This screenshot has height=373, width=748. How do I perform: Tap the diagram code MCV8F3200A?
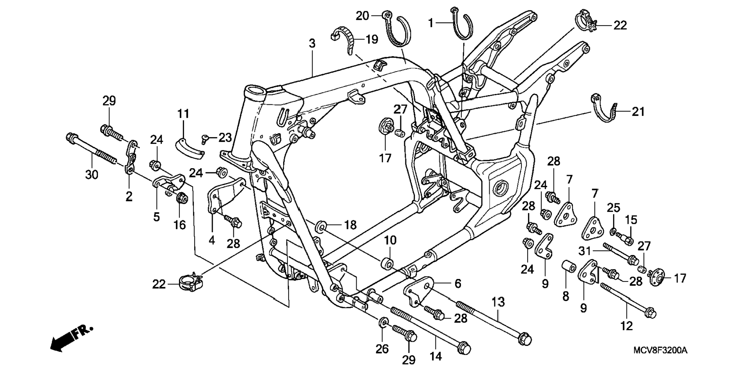660,351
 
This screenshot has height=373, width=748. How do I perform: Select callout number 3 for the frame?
312,44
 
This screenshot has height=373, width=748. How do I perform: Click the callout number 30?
92,175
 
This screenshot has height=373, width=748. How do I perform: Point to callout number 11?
183,114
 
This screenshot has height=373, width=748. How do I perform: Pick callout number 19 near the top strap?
372,39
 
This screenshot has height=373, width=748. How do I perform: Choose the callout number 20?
362,16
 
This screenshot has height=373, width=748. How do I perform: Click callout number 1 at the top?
430,23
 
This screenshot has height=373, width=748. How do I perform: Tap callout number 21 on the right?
638,112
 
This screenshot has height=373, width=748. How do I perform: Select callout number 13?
498,301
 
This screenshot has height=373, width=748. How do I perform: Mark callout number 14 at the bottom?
435,356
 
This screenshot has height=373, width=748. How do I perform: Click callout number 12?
626,326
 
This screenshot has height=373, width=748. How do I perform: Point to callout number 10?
390,240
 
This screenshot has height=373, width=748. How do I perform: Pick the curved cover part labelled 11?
189,148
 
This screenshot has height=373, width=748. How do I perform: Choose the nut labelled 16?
182,199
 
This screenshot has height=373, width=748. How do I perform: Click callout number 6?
458,284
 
